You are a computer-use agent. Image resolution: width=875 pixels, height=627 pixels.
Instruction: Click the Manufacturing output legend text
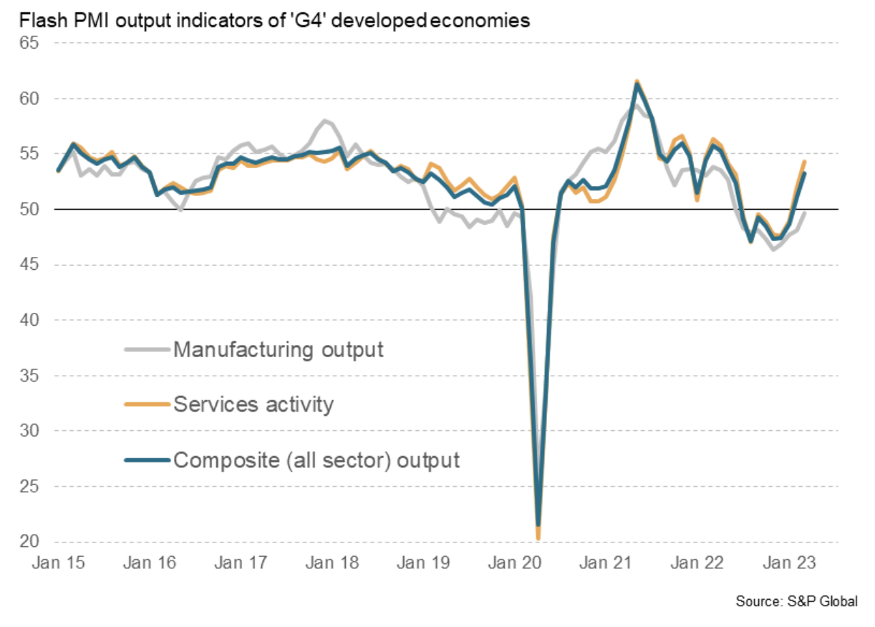pyautogui.click(x=279, y=350)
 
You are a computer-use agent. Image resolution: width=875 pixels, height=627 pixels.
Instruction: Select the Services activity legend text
pyautogui.click(x=253, y=404)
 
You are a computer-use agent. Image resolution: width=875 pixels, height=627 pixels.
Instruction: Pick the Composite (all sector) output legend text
pyautogui.click(x=316, y=459)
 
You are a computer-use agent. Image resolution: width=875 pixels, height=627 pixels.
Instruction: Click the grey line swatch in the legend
pyautogui.click(x=148, y=350)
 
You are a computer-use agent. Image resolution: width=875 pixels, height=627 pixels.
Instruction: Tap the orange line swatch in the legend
pyautogui.click(x=148, y=405)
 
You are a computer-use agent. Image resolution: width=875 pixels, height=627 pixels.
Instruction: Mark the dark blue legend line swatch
pyautogui.click(x=148, y=460)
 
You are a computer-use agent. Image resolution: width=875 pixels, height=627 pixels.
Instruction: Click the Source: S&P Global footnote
pyautogui.click(x=796, y=602)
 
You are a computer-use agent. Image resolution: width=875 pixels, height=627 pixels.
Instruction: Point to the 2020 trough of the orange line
pyautogui.click(x=538, y=538)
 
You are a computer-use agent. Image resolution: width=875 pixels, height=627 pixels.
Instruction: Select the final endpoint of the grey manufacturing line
pyautogui.click(x=804, y=213)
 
